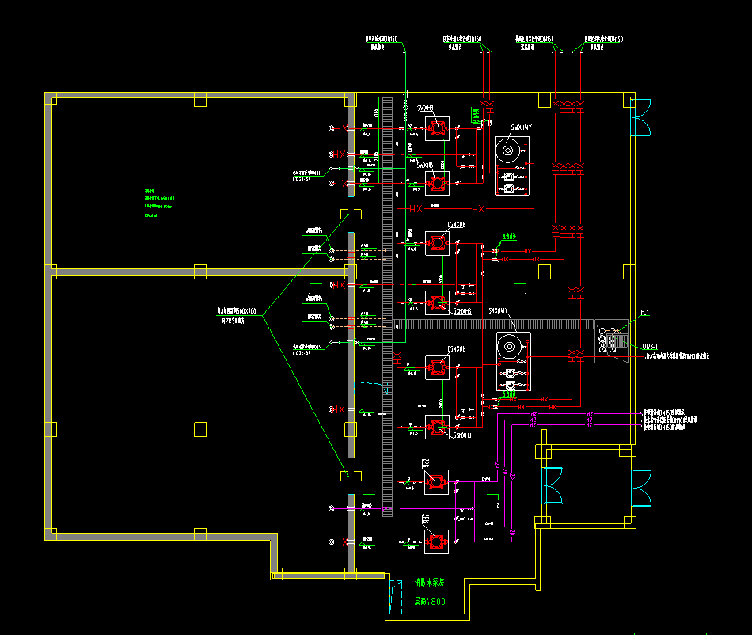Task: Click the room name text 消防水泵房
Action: (429, 582)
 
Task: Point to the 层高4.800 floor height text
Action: (429, 601)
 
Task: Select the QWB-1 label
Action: (651, 346)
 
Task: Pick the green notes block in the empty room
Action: (158, 203)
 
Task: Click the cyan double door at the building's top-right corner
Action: (640, 116)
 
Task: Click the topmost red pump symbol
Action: (435, 128)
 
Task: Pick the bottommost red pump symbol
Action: (435, 542)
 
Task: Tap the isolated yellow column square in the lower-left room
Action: (200, 428)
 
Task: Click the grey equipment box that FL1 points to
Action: (611, 341)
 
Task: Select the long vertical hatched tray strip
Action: (387, 301)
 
